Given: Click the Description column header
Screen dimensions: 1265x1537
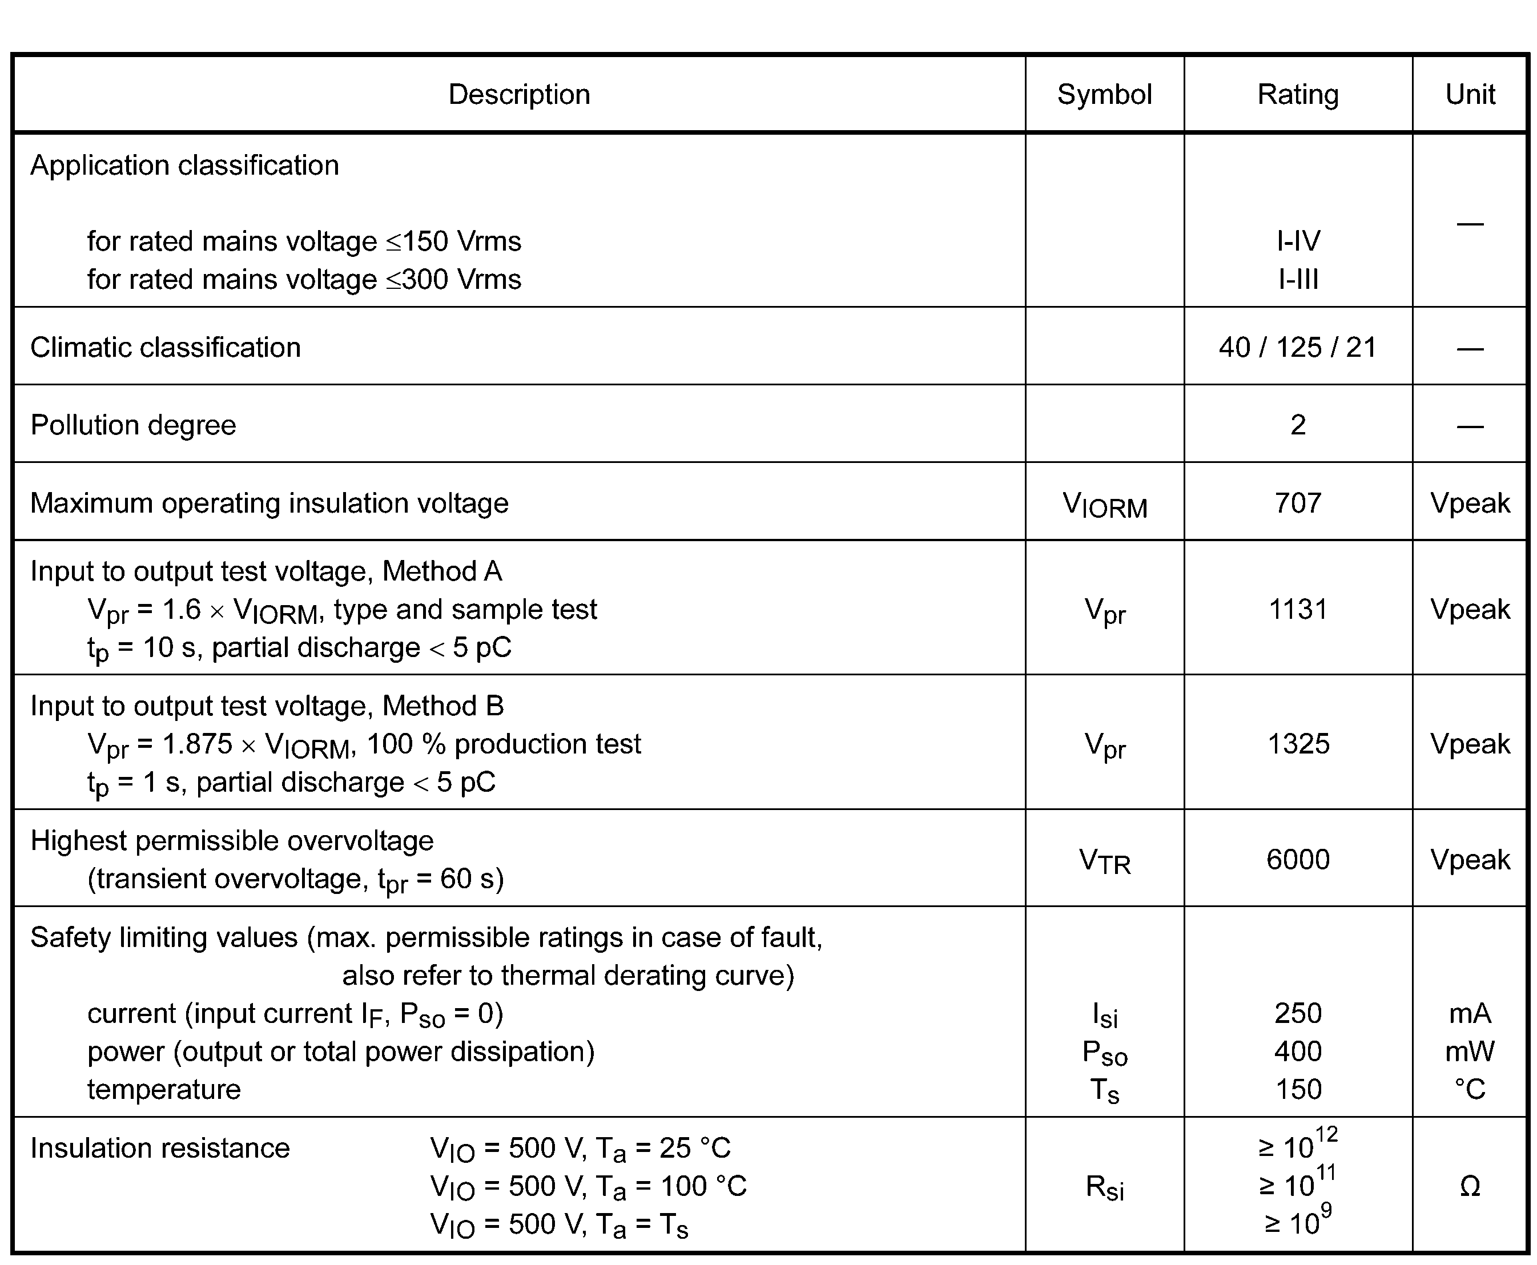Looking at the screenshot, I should tap(519, 95).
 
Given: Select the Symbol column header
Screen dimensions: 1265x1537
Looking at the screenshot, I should tap(1104, 95).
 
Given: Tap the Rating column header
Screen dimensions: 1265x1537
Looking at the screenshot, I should tap(1298, 95).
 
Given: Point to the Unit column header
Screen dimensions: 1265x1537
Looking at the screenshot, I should tap(1470, 95).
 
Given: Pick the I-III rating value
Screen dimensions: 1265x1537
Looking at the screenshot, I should tap(1298, 279).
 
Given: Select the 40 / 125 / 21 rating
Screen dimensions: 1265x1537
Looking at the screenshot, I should tap(1298, 348).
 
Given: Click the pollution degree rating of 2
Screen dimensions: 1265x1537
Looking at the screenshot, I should tap(1298, 425).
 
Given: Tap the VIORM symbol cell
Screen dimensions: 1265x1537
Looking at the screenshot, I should tap(1104, 504).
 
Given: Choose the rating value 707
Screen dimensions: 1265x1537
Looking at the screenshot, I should tap(1298, 503).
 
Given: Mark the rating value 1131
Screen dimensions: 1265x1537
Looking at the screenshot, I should tap(1298, 609).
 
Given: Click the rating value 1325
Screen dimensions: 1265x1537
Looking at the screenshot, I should tap(1298, 744).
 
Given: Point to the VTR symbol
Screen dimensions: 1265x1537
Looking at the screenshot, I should tap(1104, 861).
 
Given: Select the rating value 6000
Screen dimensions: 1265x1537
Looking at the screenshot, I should tap(1298, 860).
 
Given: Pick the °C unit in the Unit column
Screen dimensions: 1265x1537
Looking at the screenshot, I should tap(1470, 1089).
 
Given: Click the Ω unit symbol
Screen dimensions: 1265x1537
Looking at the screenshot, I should tap(1470, 1187).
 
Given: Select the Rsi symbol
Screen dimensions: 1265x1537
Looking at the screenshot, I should tap(1104, 1188).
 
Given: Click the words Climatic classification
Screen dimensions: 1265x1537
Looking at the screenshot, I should tap(166, 348).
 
